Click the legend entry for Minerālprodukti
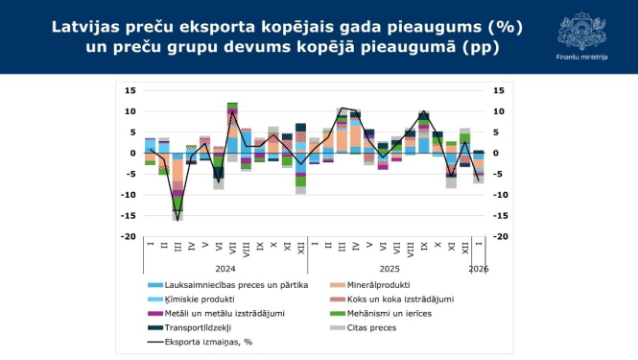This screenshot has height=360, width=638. (369, 285)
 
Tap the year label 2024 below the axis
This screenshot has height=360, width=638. (225, 268)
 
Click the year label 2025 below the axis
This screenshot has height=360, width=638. (390, 268)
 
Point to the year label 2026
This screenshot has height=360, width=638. (478, 268)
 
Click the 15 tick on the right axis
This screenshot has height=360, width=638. (498, 91)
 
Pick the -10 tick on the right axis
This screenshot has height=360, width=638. (500, 195)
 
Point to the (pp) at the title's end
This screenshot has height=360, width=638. (479, 46)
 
